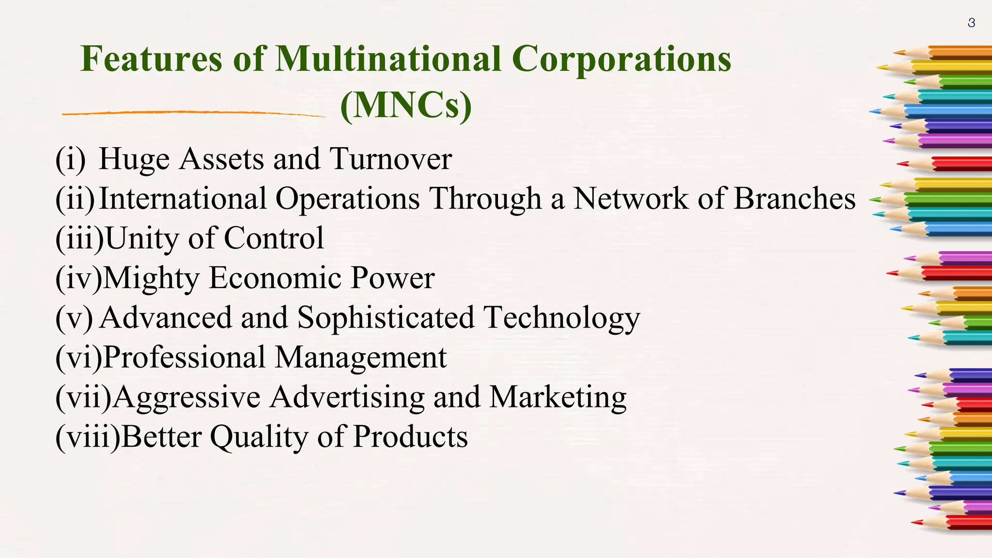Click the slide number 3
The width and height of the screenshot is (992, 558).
pos(971,23)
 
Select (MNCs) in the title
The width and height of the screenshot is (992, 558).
pos(406,105)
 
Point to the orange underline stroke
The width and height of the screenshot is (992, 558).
pos(194,113)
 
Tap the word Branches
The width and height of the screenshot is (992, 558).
pos(794,199)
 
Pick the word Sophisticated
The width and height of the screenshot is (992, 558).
pos(386,318)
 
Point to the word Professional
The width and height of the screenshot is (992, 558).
pos(184,357)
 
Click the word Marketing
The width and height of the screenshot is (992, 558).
pos(558,398)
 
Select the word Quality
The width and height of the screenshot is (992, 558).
pos(259,437)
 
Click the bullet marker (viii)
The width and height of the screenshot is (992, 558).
pos(88,437)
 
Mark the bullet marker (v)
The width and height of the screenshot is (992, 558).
pos(74,318)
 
